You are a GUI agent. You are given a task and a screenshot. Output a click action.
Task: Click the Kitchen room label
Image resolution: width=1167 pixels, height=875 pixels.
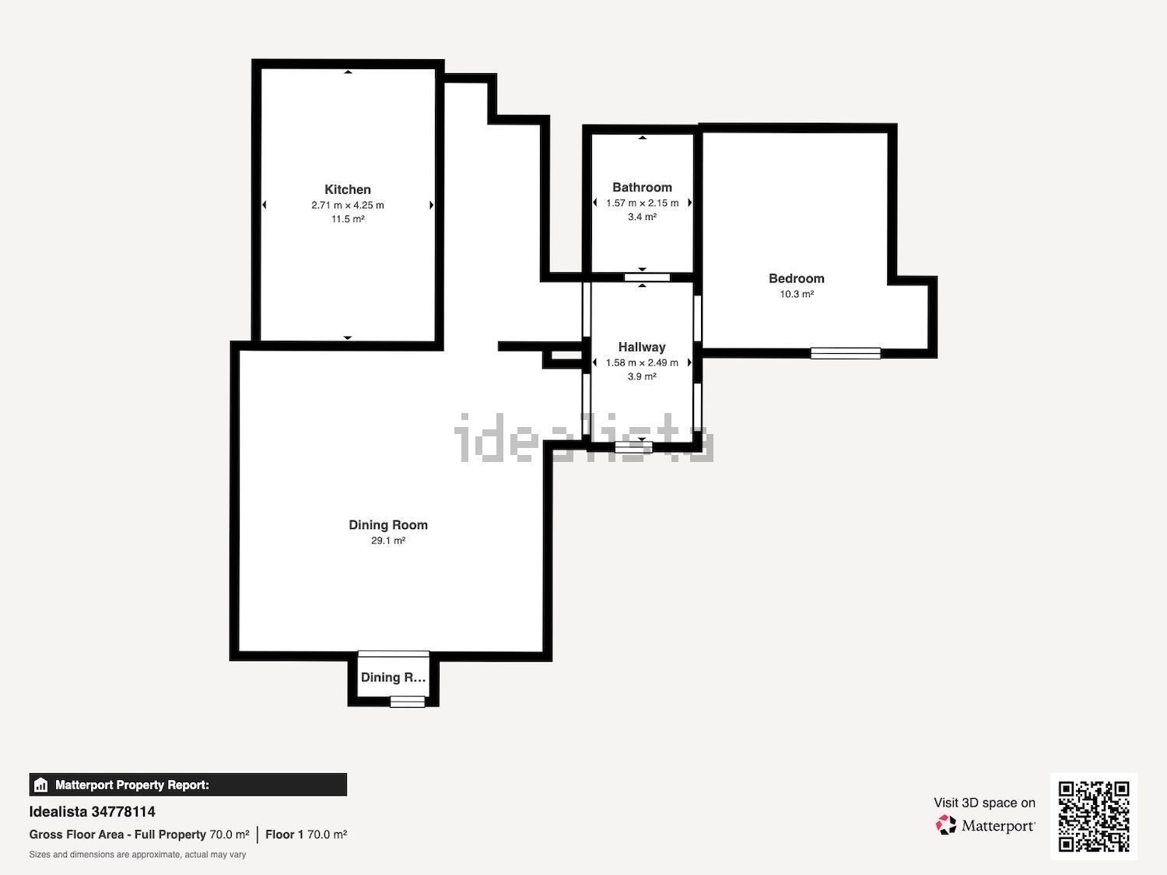(348, 190)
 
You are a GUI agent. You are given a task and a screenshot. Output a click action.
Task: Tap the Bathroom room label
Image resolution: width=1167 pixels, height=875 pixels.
(643, 187)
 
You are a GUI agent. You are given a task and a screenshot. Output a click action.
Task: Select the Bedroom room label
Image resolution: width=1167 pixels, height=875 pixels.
(797, 278)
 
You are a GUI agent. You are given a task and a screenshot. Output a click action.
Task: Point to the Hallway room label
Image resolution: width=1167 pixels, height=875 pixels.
(642, 348)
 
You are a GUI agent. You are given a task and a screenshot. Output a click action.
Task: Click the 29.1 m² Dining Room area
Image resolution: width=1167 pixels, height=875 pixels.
(388, 541)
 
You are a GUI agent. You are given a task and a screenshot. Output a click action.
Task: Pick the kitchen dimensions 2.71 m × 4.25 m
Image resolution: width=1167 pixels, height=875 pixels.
(348, 205)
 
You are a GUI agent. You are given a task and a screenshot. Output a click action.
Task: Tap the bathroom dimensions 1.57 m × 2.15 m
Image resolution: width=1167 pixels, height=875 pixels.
(643, 203)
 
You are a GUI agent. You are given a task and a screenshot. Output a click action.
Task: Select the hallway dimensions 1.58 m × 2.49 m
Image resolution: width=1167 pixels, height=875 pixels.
(642, 363)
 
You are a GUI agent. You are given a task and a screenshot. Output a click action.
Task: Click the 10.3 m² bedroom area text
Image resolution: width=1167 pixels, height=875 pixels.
(797, 294)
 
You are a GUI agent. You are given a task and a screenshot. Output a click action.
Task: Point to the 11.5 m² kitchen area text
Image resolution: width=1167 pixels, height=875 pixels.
(348, 219)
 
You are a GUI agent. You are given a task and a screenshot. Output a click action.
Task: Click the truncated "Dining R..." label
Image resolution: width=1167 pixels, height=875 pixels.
(393, 677)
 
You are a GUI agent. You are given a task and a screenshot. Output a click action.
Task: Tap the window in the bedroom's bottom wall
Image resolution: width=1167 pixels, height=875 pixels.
(846, 353)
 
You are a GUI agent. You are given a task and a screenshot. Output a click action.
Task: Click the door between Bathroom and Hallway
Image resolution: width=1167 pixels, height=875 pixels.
(647, 278)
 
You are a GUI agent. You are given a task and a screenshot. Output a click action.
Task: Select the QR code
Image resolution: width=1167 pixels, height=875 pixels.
(1094, 817)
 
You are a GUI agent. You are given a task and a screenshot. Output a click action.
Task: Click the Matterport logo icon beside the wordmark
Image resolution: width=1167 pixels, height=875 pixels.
(946, 825)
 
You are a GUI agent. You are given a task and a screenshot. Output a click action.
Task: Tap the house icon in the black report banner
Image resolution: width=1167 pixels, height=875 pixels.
(41, 785)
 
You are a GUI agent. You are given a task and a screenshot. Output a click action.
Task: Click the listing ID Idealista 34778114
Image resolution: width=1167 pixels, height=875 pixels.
(92, 812)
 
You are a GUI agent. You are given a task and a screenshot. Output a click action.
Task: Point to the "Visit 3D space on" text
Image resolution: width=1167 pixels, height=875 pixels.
(985, 803)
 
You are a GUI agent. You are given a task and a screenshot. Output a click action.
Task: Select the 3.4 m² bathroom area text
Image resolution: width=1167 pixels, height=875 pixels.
(643, 217)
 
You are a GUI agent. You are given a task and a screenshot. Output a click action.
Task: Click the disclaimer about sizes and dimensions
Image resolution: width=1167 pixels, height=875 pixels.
(138, 854)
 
